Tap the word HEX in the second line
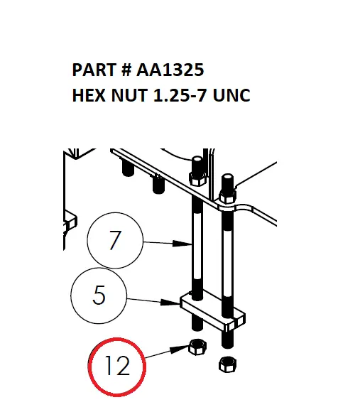click(x=87, y=95)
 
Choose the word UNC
click(x=233, y=95)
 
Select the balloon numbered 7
click(x=115, y=242)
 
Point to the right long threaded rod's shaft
click(x=227, y=256)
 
